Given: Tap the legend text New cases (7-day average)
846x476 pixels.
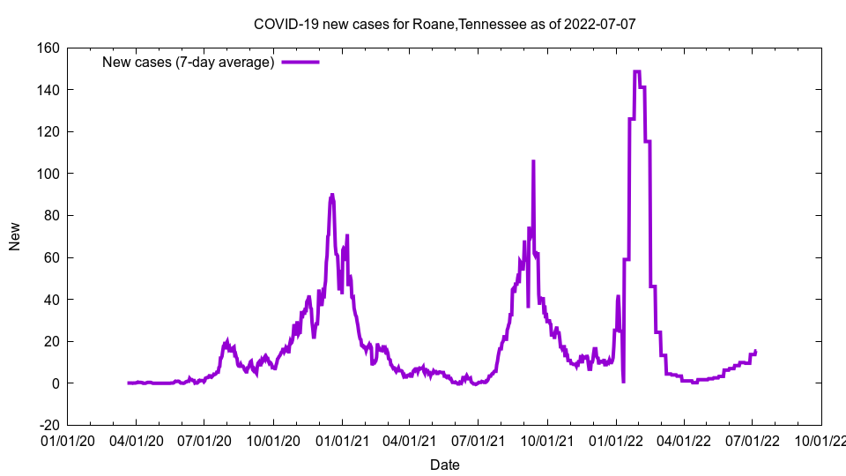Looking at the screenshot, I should [189, 62].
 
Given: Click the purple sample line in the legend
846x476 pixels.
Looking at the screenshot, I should [300, 62].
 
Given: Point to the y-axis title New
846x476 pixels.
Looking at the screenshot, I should [15, 236].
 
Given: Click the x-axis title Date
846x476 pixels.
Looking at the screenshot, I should [444, 465].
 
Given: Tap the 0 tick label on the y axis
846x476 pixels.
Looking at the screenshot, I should [55, 383].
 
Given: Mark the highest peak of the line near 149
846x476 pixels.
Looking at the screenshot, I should [636, 71].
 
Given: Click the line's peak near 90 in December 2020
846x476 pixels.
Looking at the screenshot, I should [332, 195].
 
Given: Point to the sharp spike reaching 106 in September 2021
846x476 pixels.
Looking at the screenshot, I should [533, 161].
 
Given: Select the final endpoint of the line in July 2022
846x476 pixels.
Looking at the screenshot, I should [755, 351].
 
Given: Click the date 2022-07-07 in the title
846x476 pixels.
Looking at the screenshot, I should [601, 24].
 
